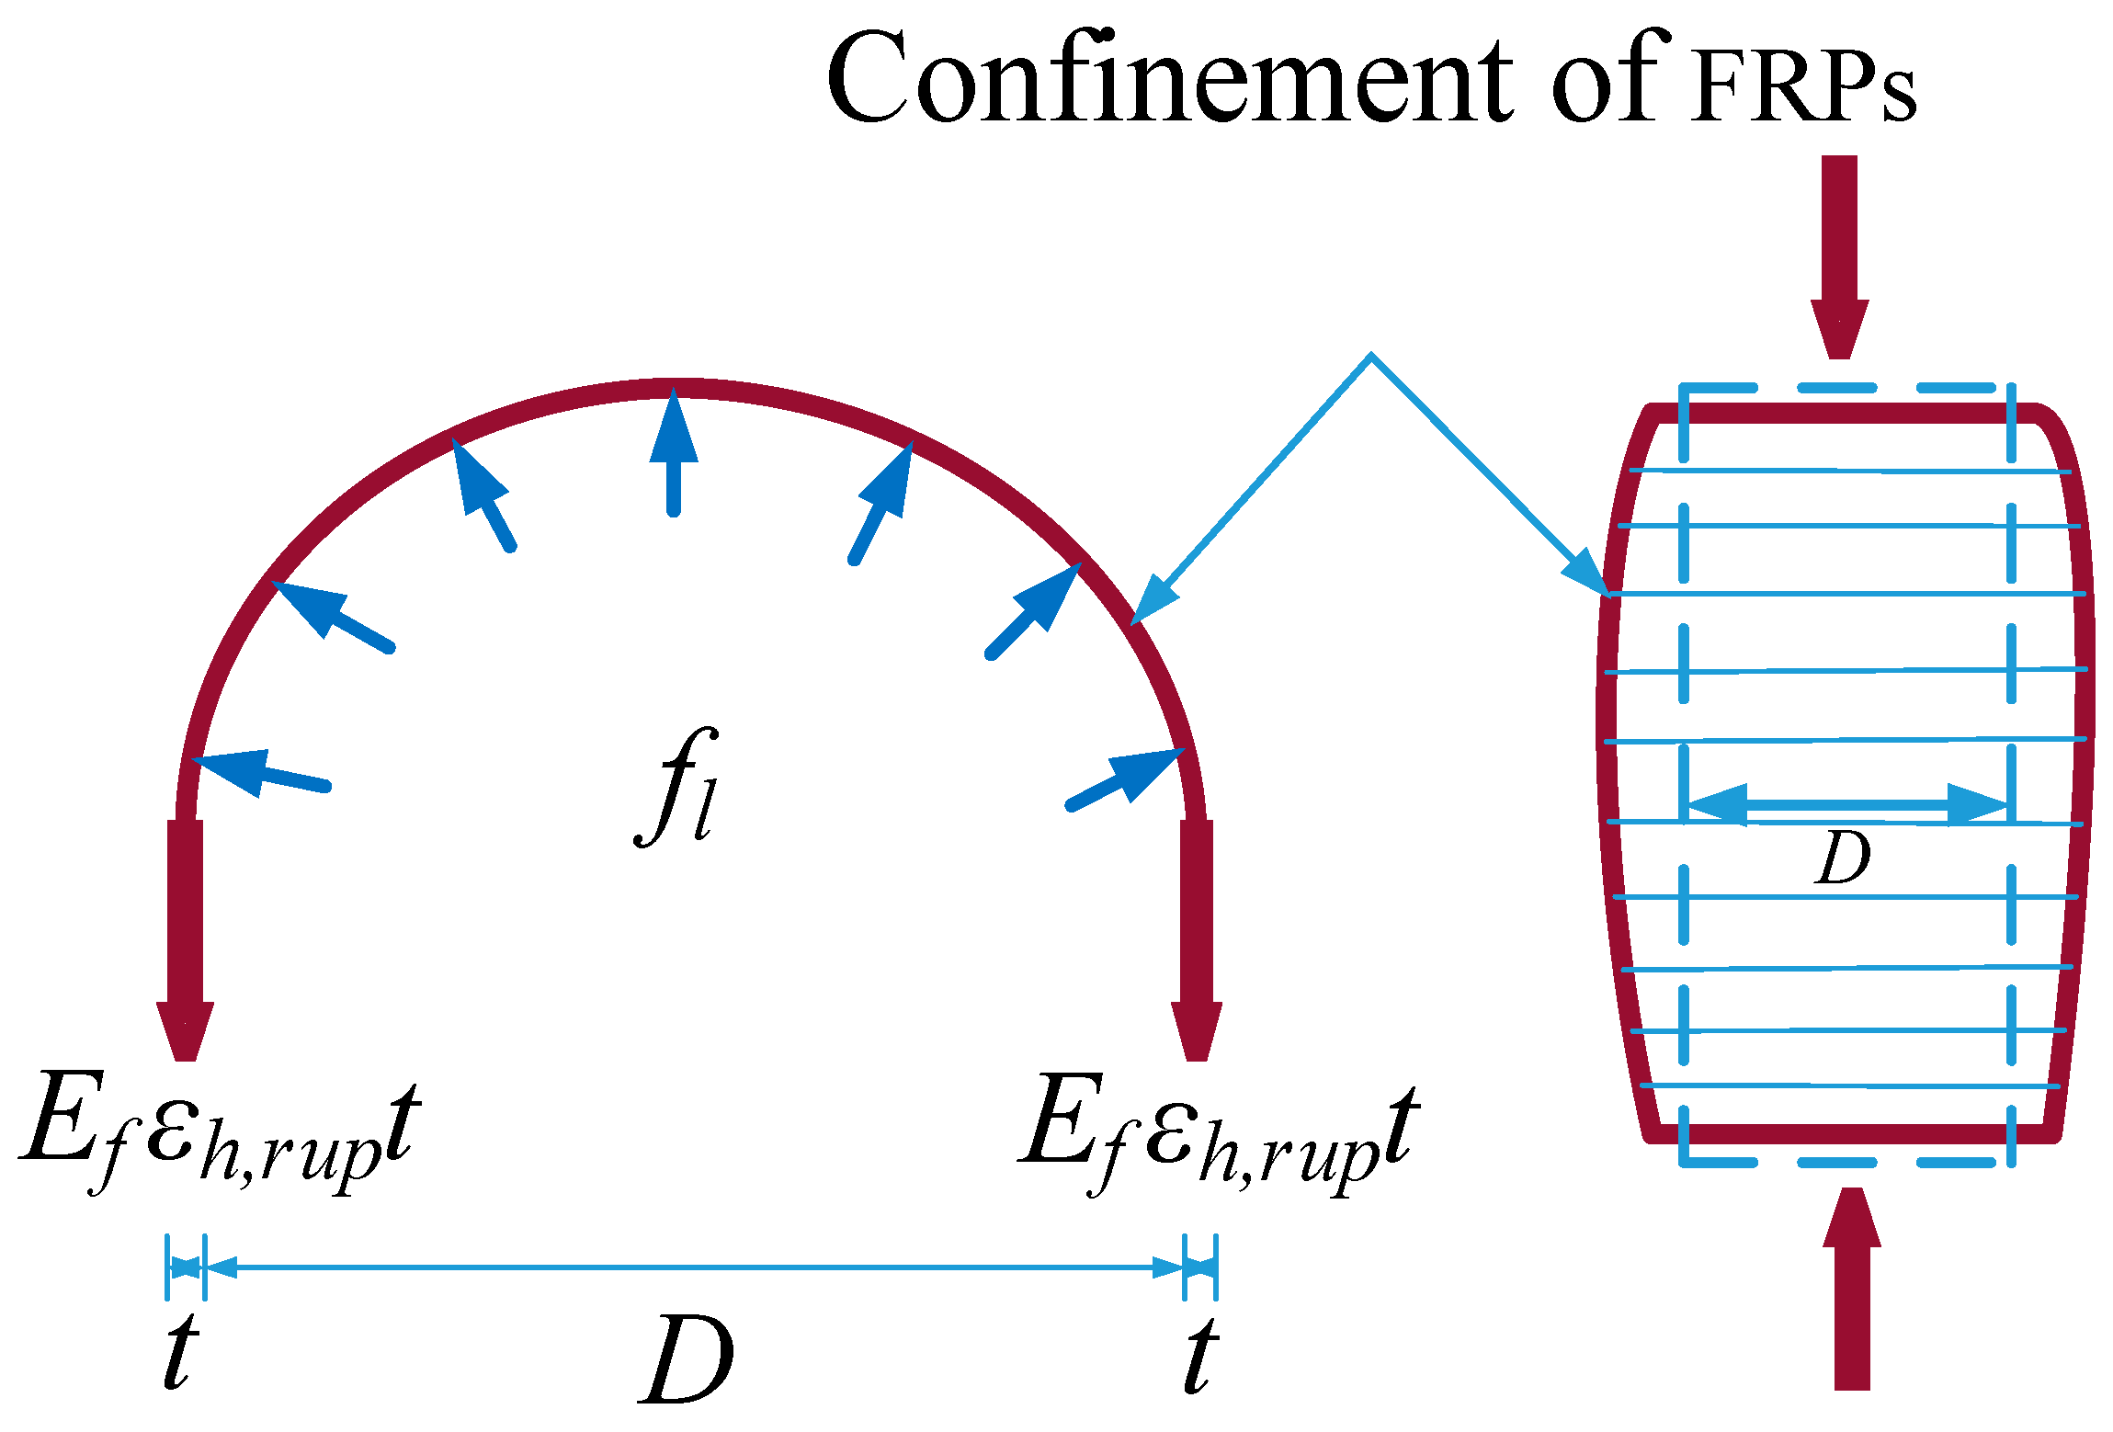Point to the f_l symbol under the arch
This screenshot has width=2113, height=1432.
676,786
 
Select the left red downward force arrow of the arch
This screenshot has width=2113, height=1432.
185,938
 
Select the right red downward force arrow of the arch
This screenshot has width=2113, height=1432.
1196,938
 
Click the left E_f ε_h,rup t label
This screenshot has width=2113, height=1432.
221,1131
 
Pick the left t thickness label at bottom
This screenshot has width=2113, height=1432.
180,1351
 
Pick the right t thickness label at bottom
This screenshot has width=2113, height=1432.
1200,1351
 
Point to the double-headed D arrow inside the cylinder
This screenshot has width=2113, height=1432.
1847,805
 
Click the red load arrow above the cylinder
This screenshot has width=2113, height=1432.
1839,257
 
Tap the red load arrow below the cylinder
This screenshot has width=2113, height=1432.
1852,1287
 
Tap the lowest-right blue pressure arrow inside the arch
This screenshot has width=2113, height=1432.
1127,778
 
